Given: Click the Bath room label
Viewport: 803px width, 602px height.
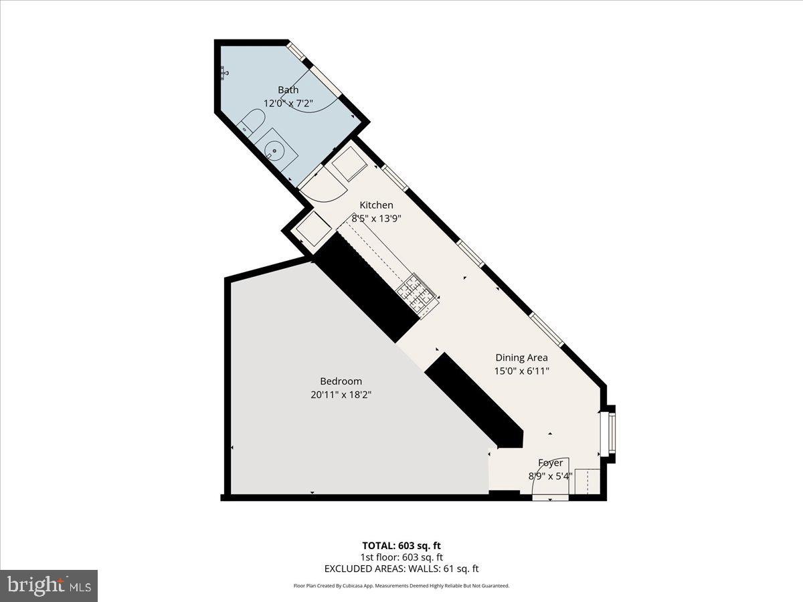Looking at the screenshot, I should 288,90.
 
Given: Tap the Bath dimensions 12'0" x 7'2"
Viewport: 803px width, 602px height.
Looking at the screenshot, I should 288,103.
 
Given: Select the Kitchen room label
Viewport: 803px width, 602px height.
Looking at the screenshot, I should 377,205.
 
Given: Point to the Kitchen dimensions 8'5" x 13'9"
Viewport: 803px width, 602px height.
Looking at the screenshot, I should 377,218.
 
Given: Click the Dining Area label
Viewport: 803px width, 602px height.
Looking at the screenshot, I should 521,357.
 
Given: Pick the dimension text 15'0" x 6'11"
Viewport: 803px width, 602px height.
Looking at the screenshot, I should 521,370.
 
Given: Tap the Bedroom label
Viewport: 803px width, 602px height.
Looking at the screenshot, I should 341,381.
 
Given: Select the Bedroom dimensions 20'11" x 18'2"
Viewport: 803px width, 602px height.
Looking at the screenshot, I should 341,395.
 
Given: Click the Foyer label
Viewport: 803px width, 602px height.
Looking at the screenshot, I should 551,463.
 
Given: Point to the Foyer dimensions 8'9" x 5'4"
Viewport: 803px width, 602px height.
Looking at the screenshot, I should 551,476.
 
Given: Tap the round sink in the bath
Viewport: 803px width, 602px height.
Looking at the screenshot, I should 274,151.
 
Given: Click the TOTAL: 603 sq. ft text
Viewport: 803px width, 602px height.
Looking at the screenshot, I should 401,545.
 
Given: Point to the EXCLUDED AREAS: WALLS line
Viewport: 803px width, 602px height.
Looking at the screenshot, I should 401,569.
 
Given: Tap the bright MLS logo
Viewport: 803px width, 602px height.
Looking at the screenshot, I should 49,586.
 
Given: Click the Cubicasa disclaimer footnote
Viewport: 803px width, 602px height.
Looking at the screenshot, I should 401,586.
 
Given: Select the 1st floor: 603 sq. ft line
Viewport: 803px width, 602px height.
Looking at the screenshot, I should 401,557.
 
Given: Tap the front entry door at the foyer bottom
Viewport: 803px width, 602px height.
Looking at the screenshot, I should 550,497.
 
